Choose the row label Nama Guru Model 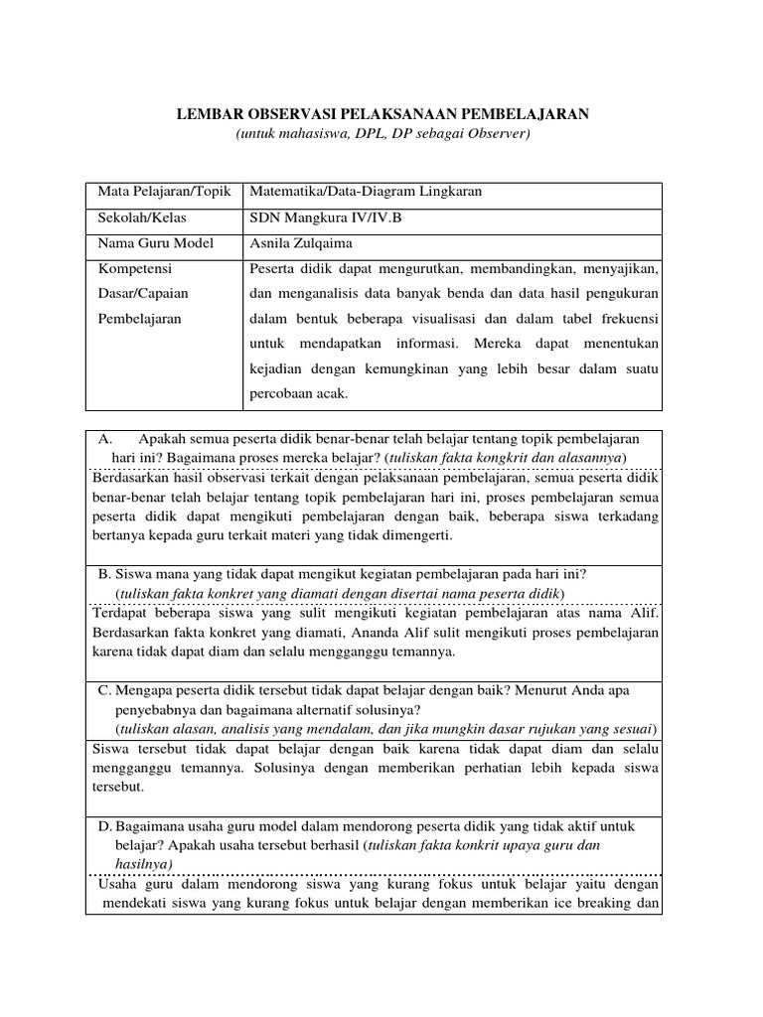(148, 243)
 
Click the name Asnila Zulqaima (302, 243)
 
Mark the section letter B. (103, 574)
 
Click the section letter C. (103, 689)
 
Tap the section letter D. (104, 826)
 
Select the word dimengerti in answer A (416, 535)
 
